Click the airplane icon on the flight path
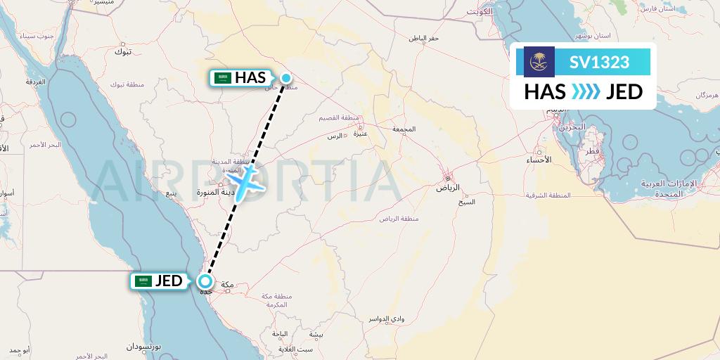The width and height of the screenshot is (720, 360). click(245, 182)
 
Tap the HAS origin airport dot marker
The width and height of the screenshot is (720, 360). click(286, 78)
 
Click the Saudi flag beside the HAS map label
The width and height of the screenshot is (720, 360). click(223, 78)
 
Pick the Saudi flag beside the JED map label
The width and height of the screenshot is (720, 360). click(143, 281)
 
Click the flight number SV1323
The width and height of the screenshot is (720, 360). click(599, 62)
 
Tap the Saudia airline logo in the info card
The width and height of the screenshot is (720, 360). click(540, 62)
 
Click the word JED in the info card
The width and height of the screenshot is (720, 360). click(624, 92)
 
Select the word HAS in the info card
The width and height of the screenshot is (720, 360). click(546, 92)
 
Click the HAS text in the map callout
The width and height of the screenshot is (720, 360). click(250, 78)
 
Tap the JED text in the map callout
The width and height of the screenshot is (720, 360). click(168, 281)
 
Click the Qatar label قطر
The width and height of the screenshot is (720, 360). click(591, 151)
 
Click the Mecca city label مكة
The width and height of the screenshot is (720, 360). click(227, 285)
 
